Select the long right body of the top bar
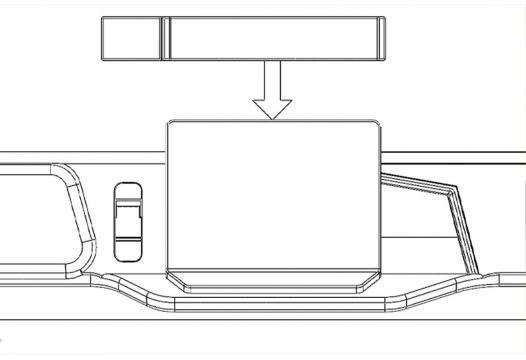coord(270,38)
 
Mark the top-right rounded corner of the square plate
coord(377,125)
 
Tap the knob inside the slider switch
coord(128,214)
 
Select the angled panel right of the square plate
coord(425,225)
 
